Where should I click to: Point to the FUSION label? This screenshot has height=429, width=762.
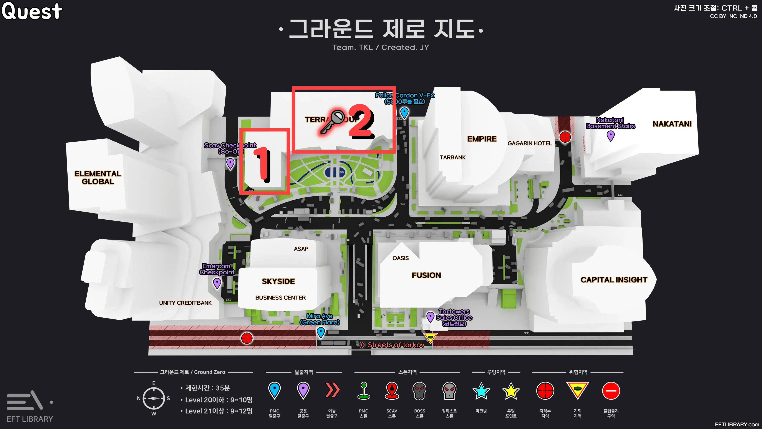pyautogui.click(x=426, y=275)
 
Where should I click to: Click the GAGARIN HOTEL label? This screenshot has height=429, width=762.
pyautogui.click(x=530, y=143)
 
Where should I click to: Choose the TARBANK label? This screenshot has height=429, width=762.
pyautogui.click(x=452, y=157)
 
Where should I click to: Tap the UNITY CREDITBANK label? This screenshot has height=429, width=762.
pyautogui.click(x=185, y=303)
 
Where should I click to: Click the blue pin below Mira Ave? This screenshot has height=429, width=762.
pyautogui.click(x=321, y=332)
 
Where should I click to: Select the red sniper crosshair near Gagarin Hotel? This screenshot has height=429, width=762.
pyautogui.click(x=565, y=137)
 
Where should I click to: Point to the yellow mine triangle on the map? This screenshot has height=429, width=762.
pyautogui.click(x=430, y=337)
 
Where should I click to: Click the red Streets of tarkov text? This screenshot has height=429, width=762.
pyautogui.click(x=396, y=345)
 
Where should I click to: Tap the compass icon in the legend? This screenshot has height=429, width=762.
pyautogui.click(x=154, y=398)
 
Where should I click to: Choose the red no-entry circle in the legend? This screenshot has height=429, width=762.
pyautogui.click(x=611, y=391)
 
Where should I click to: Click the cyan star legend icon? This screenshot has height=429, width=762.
pyautogui.click(x=481, y=391)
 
